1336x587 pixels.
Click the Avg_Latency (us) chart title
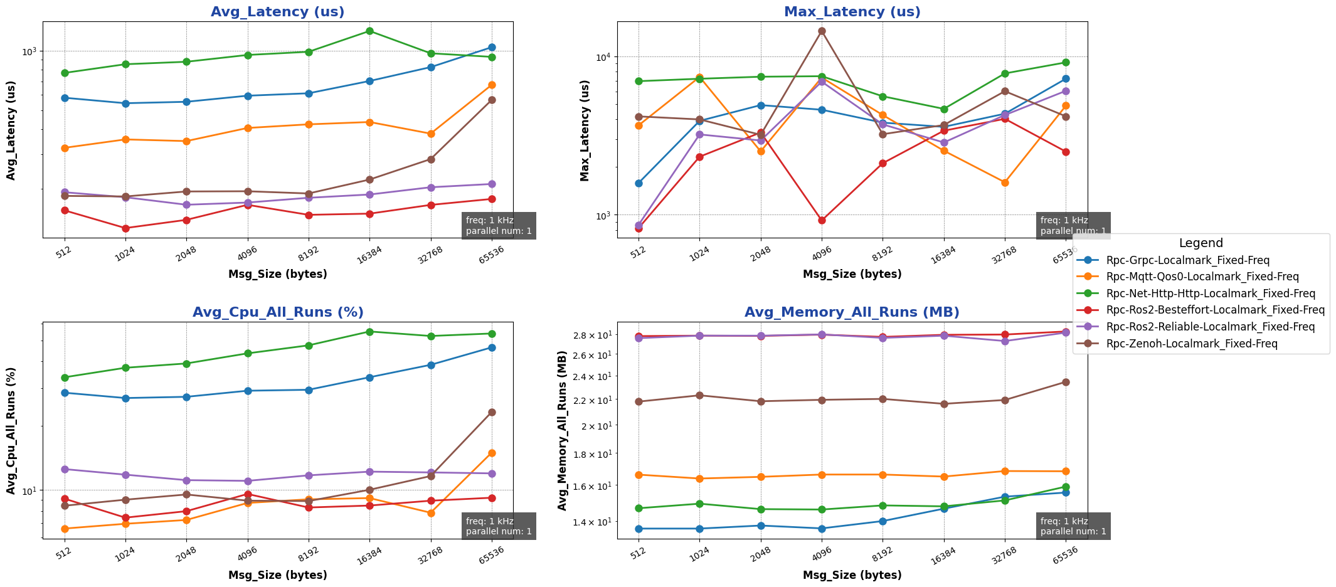click(x=277, y=12)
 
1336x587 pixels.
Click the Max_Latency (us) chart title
click(x=852, y=12)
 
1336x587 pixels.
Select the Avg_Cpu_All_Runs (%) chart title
click(x=277, y=312)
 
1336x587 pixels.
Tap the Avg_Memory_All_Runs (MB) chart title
click(x=852, y=312)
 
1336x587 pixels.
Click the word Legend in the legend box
click(x=1201, y=243)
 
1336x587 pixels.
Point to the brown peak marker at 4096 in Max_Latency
click(x=822, y=31)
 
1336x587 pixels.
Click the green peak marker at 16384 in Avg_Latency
click(x=369, y=31)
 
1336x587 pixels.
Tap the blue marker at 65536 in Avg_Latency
click(x=492, y=47)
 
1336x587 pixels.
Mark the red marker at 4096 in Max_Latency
click(x=822, y=220)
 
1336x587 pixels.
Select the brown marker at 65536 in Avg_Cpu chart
click(x=492, y=412)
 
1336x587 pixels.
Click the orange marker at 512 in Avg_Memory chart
click(x=639, y=475)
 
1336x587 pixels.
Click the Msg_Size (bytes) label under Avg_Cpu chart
click(x=277, y=575)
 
